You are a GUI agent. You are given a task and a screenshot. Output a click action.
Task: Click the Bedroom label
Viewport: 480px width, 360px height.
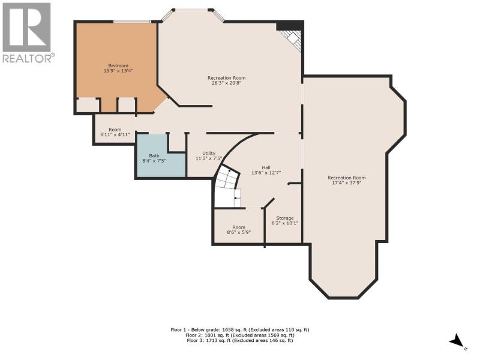[118, 65]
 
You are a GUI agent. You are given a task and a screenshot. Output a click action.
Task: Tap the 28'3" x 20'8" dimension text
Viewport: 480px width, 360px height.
[227, 83]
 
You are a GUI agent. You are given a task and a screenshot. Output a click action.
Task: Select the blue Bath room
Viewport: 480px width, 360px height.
[160, 156]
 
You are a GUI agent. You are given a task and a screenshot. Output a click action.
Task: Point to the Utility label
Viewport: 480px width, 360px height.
[209, 153]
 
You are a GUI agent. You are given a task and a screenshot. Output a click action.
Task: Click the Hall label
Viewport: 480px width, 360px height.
[266, 167]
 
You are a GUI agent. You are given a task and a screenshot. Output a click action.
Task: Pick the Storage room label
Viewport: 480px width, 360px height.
[285, 218]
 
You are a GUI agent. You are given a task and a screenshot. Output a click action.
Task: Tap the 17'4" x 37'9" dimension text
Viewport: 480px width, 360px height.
[347, 183]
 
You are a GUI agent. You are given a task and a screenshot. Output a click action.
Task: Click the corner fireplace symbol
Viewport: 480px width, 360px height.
[292, 38]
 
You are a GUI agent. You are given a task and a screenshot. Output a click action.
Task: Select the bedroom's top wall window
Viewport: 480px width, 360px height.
[132, 22]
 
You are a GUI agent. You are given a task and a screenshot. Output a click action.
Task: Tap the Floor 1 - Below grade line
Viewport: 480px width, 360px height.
[240, 329]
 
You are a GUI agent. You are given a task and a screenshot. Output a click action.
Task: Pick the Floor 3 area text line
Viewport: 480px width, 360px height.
[240, 340]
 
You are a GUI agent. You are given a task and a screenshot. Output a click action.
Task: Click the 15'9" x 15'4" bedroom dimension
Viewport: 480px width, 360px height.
[118, 71]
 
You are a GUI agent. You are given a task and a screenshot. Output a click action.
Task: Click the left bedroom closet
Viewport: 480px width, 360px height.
[88, 106]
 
